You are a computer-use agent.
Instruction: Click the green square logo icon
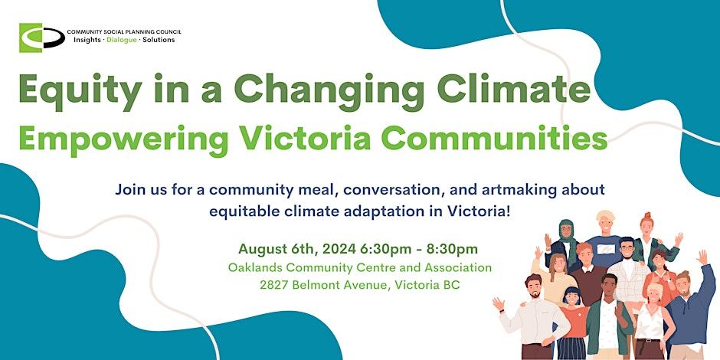[x=31, y=38]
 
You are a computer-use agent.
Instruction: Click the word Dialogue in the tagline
[x=122, y=40]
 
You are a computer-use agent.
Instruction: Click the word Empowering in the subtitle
[x=123, y=137]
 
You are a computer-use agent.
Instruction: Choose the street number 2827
[x=275, y=285]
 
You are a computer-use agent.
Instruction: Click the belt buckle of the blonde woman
[x=650, y=341]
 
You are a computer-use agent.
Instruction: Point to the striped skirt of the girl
[x=571, y=348]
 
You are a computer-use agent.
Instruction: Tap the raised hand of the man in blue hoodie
[x=702, y=257]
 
